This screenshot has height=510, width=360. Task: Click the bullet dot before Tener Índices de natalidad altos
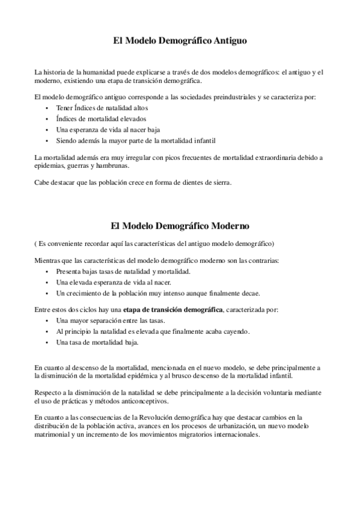click(47, 108)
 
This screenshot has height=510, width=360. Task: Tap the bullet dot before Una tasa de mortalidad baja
click(47, 342)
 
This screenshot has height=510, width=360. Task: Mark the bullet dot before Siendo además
click(47, 141)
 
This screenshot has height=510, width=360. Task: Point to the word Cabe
click(41, 182)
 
